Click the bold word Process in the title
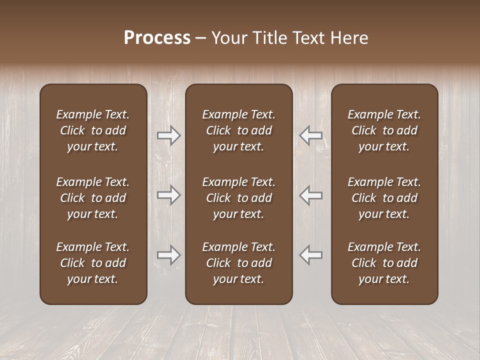(x=157, y=38)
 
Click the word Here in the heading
(x=349, y=38)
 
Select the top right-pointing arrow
(x=168, y=135)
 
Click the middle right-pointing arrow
(x=168, y=195)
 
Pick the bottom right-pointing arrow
(x=168, y=255)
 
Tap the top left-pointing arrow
(x=311, y=135)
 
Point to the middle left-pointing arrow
(x=311, y=195)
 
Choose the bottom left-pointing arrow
(x=311, y=255)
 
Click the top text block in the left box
(x=93, y=130)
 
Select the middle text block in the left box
(x=93, y=198)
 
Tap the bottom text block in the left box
(x=93, y=263)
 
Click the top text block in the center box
(x=238, y=130)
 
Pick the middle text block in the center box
(x=238, y=198)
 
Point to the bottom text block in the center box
(x=238, y=263)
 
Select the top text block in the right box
(x=384, y=130)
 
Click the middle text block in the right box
(x=384, y=198)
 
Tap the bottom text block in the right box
(x=384, y=263)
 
